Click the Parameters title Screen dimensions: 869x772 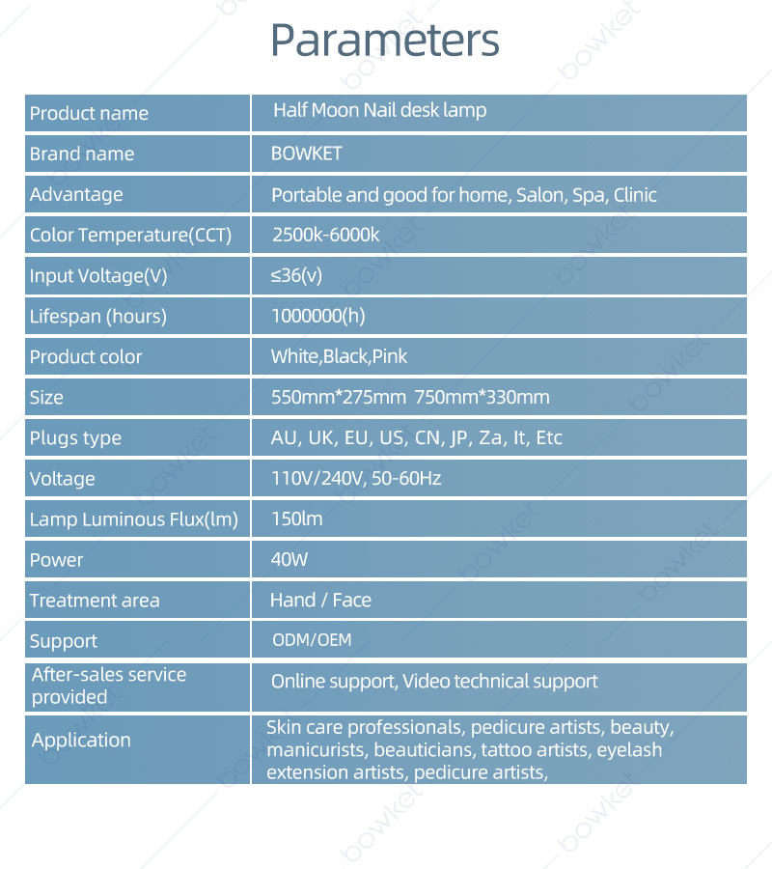coord(385,40)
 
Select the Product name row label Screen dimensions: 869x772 coord(89,113)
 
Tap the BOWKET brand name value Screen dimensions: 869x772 coord(307,154)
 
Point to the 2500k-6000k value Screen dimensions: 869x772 coord(326,235)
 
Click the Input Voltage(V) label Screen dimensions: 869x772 coord(98,276)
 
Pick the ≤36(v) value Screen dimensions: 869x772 coord(296,275)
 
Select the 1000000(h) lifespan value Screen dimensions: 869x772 coord(318,316)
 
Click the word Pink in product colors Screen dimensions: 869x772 coord(390,356)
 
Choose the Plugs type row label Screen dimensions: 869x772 coord(75,438)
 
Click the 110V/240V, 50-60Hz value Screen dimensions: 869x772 coord(356,478)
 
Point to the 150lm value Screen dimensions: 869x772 coord(297,519)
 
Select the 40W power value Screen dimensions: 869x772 coord(289,559)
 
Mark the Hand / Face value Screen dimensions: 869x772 coord(320,600)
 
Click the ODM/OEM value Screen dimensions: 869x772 coord(312,640)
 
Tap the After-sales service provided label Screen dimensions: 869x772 coord(108,686)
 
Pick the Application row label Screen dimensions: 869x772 coord(81,741)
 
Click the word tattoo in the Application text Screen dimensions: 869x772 coord(507,749)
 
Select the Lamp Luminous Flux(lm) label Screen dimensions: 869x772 coord(133,519)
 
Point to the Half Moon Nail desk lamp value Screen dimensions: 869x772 coord(379,110)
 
